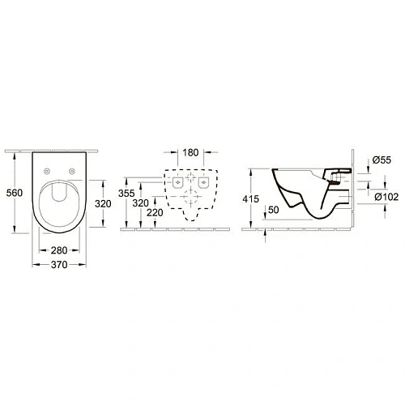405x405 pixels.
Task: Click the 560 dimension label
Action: click(x=12, y=193)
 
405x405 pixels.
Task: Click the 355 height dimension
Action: click(x=126, y=194)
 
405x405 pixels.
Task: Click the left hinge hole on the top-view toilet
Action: click(x=49, y=171)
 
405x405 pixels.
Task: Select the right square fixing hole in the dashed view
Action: click(x=203, y=185)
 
